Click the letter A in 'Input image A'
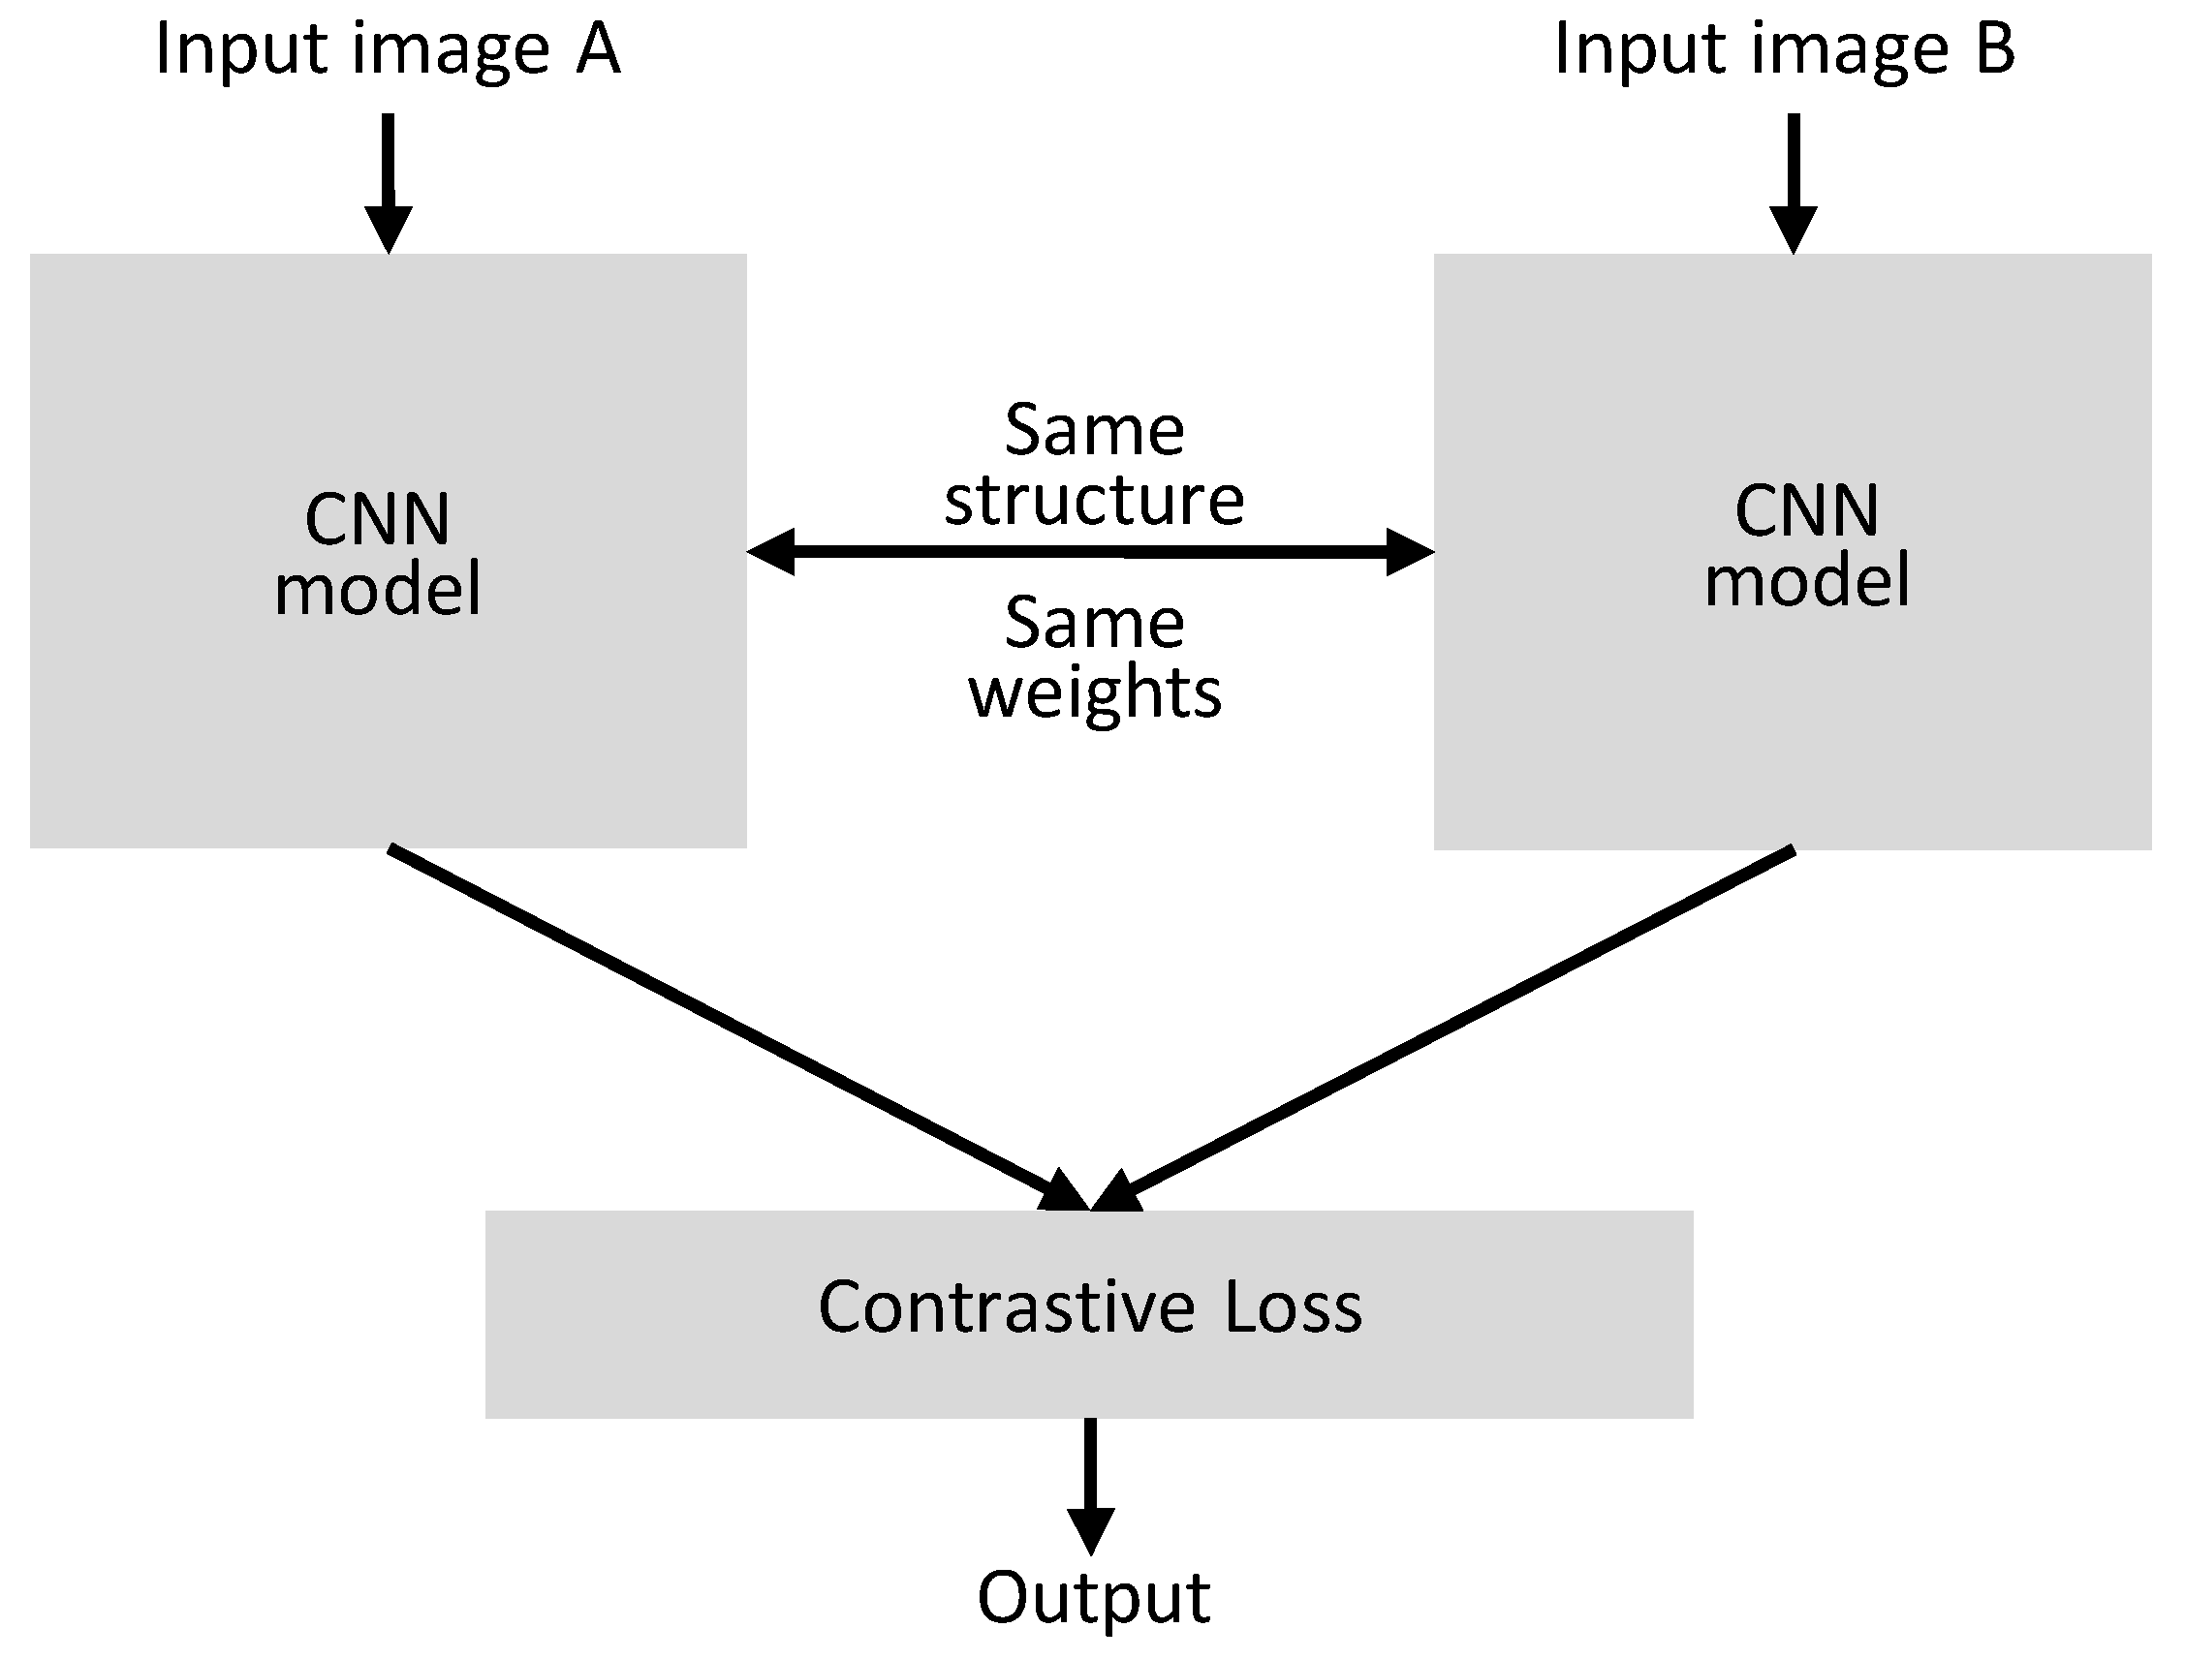coord(598,49)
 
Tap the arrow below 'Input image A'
coord(389,183)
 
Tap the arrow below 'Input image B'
coord(1793,183)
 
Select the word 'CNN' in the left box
coord(377,519)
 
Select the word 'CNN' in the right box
coord(1807,511)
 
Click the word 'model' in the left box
coord(377,589)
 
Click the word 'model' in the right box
coord(1807,581)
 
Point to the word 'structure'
coord(1094,500)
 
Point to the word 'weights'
coord(1095,693)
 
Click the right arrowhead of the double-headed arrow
coord(1409,552)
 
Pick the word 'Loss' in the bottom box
coord(1293,1307)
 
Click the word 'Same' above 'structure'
coord(1094,432)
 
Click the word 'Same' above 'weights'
coord(1094,624)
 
